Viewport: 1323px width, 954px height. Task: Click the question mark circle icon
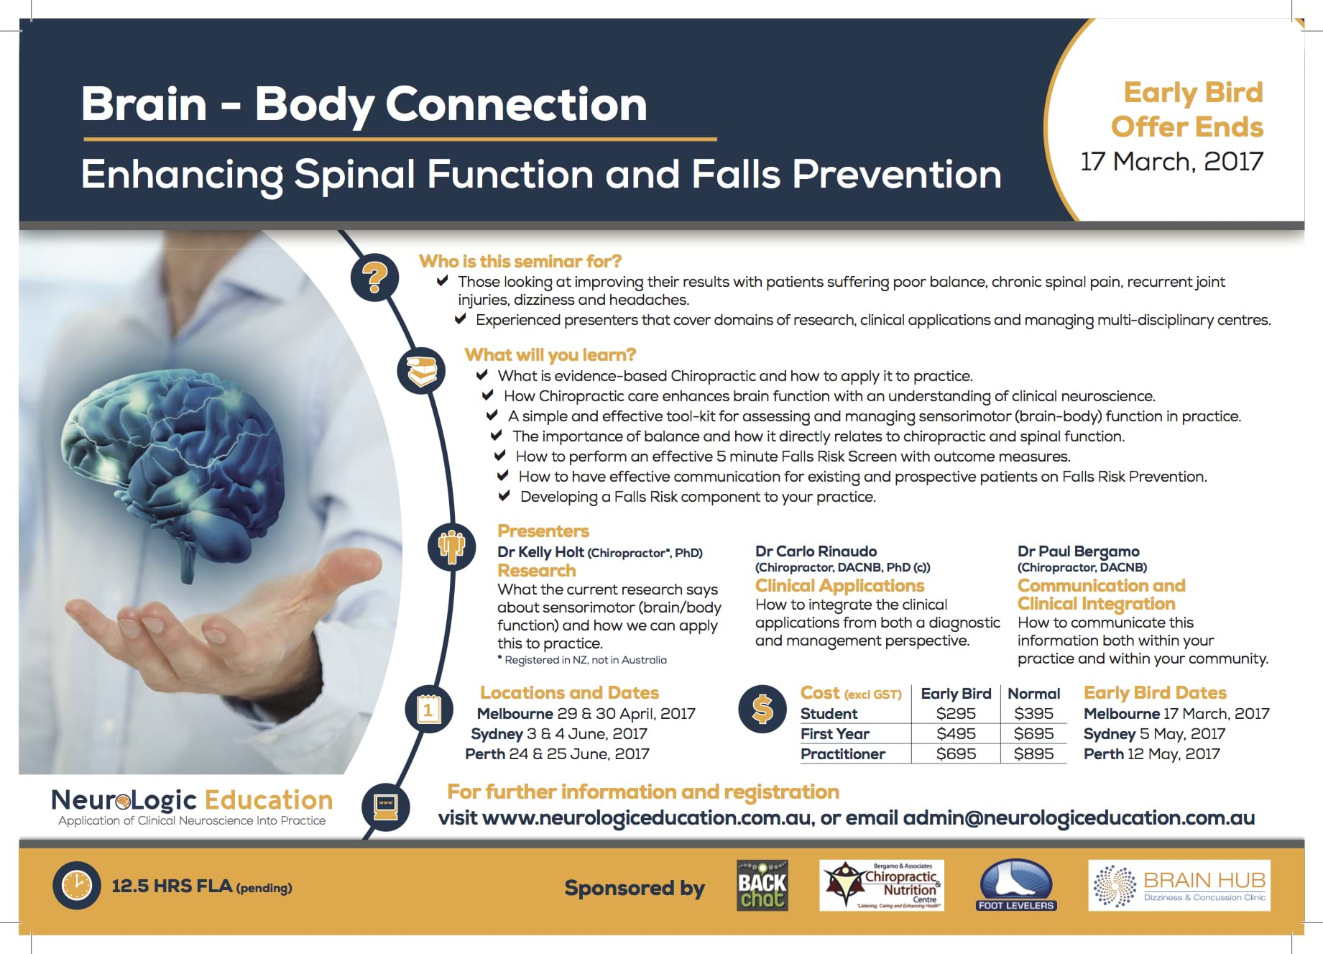coord(374,277)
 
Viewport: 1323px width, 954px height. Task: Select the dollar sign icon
coord(762,709)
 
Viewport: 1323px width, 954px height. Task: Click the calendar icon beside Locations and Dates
coord(428,710)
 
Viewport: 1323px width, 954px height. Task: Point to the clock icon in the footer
coord(76,885)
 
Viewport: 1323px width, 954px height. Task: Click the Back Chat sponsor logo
coord(762,886)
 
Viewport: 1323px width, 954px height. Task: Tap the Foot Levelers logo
coord(1016,886)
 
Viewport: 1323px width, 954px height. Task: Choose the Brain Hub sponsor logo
coord(1179,886)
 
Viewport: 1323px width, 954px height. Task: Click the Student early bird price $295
coord(956,714)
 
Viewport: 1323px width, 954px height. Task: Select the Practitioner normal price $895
coord(1033,754)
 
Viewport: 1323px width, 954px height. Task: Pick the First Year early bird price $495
coord(956,734)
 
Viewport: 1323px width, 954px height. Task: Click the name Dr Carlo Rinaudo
coord(816,551)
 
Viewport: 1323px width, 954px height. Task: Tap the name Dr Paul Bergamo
coord(1079,551)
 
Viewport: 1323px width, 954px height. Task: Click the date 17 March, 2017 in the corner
coord(1171,162)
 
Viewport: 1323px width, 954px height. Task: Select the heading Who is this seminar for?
coord(520,261)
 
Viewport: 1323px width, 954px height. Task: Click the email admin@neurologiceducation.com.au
coord(1079,818)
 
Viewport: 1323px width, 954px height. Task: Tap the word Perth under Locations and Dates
coord(485,754)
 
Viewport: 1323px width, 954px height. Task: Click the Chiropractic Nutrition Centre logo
coord(882,886)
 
